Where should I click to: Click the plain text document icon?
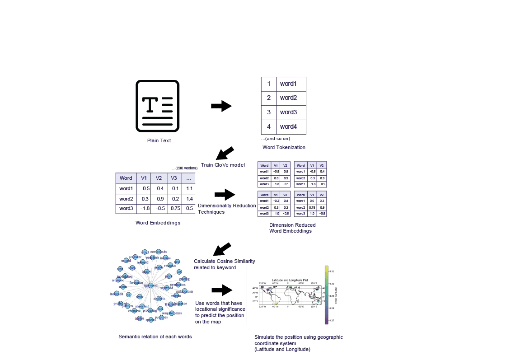(158, 106)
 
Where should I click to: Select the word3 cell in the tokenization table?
(288, 112)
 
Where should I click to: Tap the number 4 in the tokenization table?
(269, 126)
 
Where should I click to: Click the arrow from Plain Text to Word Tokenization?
(221, 106)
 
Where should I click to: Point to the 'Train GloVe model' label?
(223, 165)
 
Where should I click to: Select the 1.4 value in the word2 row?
(189, 199)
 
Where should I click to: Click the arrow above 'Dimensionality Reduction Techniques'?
(225, 195)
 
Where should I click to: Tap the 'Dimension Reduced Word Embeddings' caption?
(292, 228)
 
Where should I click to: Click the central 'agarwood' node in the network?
(150, 285)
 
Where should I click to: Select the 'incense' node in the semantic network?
(165, 258)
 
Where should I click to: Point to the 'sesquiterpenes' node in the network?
(172, 313)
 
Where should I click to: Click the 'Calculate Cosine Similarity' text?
(225, 261)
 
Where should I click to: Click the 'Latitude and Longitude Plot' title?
(289, 281)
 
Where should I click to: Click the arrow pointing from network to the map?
(221, 290)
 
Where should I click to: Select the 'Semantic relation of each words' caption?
(155, 337)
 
